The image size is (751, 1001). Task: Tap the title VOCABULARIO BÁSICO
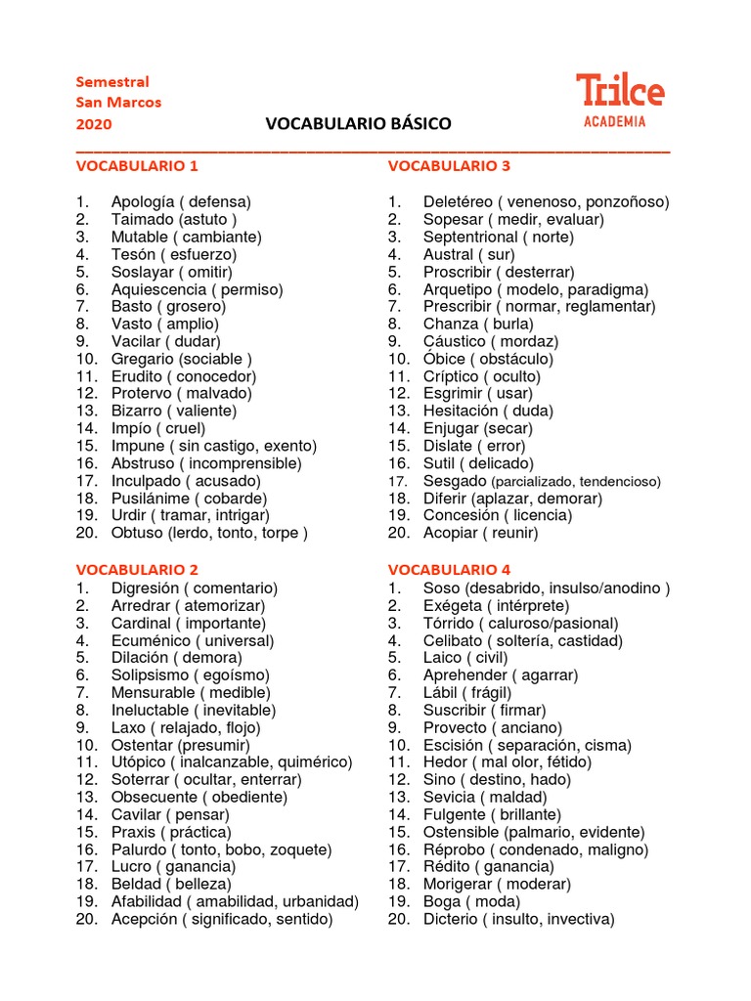point(358,124)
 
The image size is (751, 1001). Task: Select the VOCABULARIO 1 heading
point(137,166)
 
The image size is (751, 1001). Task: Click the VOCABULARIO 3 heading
point(449,166)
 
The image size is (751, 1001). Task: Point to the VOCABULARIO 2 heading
point(137,570)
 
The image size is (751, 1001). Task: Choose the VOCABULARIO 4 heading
point(449,570)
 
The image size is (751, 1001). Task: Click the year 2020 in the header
point(94,124)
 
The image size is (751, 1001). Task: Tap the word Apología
point(143,202)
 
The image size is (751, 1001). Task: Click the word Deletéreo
point(456,202)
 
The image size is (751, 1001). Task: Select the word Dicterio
point(451,920)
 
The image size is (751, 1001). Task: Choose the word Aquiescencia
point(158,289)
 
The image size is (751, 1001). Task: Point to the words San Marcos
point(118,103)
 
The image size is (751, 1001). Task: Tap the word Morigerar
point(459,885)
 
